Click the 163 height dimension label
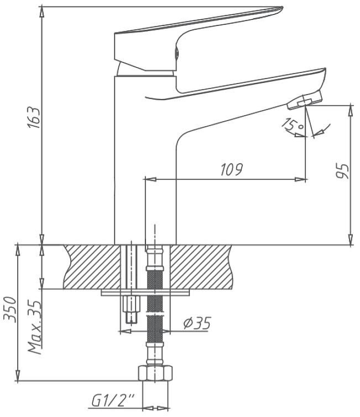[x=35, y=118]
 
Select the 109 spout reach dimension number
[x=231, y=169]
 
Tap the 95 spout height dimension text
[x=342, y=171]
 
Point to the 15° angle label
[x=293, y=125]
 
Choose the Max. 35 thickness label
[x=35, y=327]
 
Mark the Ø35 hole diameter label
[x=197, y=323]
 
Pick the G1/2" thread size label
[x=113, y=401]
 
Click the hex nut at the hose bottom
[x=155, y=373]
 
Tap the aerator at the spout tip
[x=305, y=101]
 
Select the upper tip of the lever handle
[x=283, y=7]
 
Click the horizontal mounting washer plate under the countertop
[x=145, y=293]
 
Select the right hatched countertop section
[x=201, y=267]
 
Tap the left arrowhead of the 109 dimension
[x=150, y=179]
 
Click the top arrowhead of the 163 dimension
[x=41, y=12]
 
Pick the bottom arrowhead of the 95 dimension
[x=351, y=239]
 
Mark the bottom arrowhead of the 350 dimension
[x=18, y=376]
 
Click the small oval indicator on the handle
[x=176, y=53]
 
